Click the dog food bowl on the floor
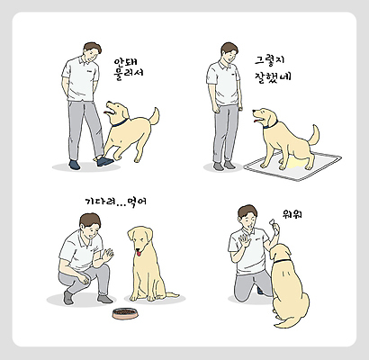tap(125, 314)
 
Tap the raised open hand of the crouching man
tap(107, 256)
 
